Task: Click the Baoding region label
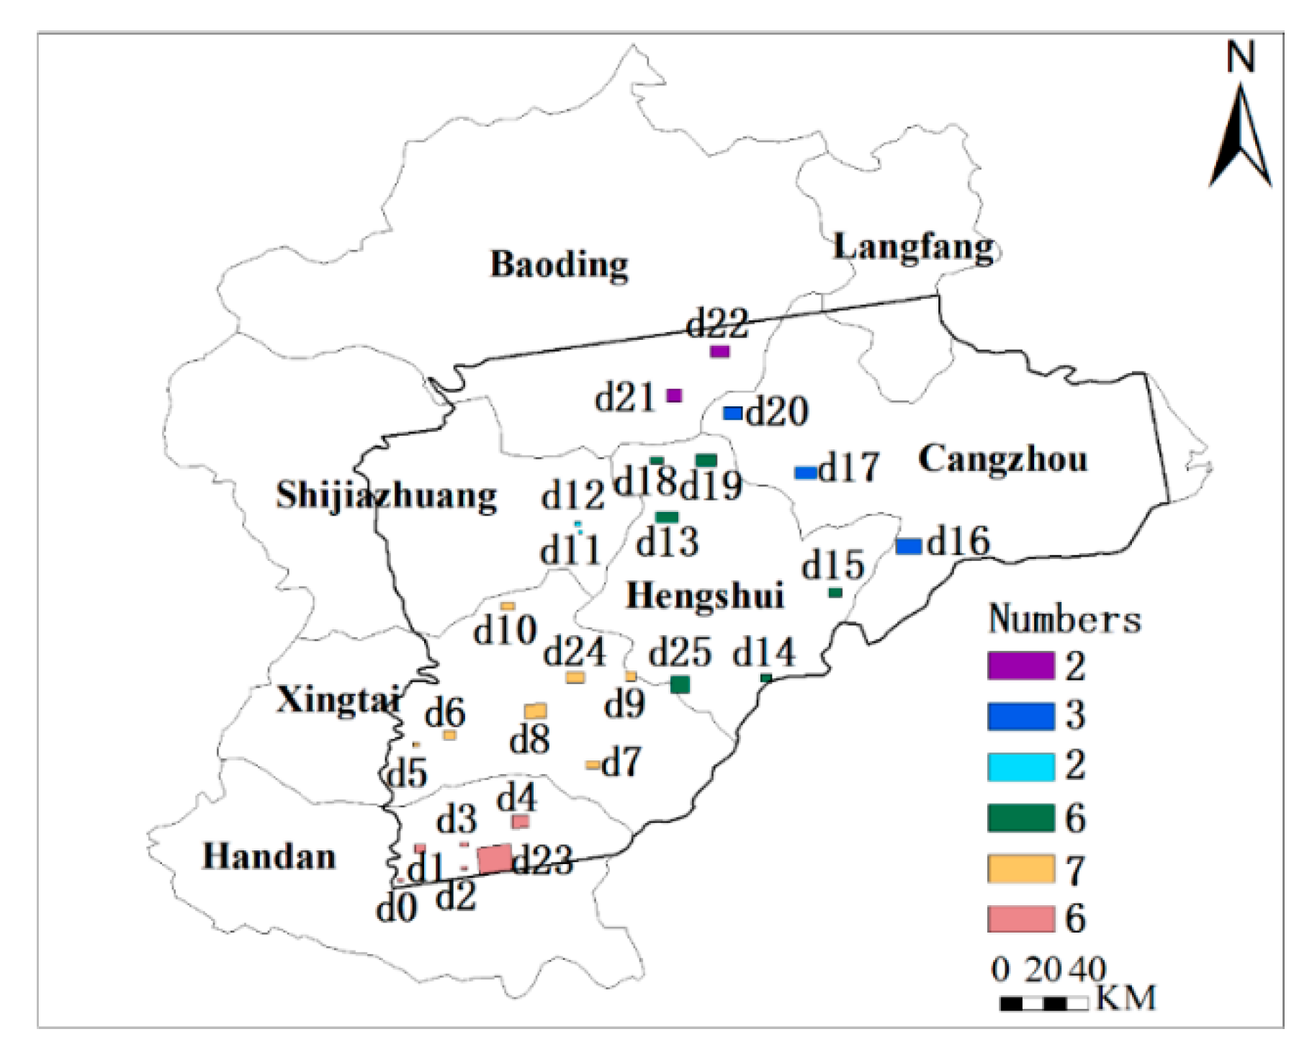pos(559,264)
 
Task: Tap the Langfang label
pos(914,248)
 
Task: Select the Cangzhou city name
pos(1002,459)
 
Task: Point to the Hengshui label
pos(704,596)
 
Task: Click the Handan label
pos(269,856)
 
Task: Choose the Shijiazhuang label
pos(386,495)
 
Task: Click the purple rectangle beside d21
pos(674,395)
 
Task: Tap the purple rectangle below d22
pos(719,351)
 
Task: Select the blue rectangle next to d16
pos(909,546)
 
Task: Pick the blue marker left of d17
pos(806,472)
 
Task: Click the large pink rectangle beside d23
pos(495,859)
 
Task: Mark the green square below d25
pos(680,684)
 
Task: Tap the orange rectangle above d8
pos(535,711)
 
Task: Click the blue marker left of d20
pos(733,413)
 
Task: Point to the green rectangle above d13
pos(667,517)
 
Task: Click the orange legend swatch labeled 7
pos(1020,868)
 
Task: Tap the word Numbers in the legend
pos(1064,619)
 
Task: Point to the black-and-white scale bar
pos(1043,1003)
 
